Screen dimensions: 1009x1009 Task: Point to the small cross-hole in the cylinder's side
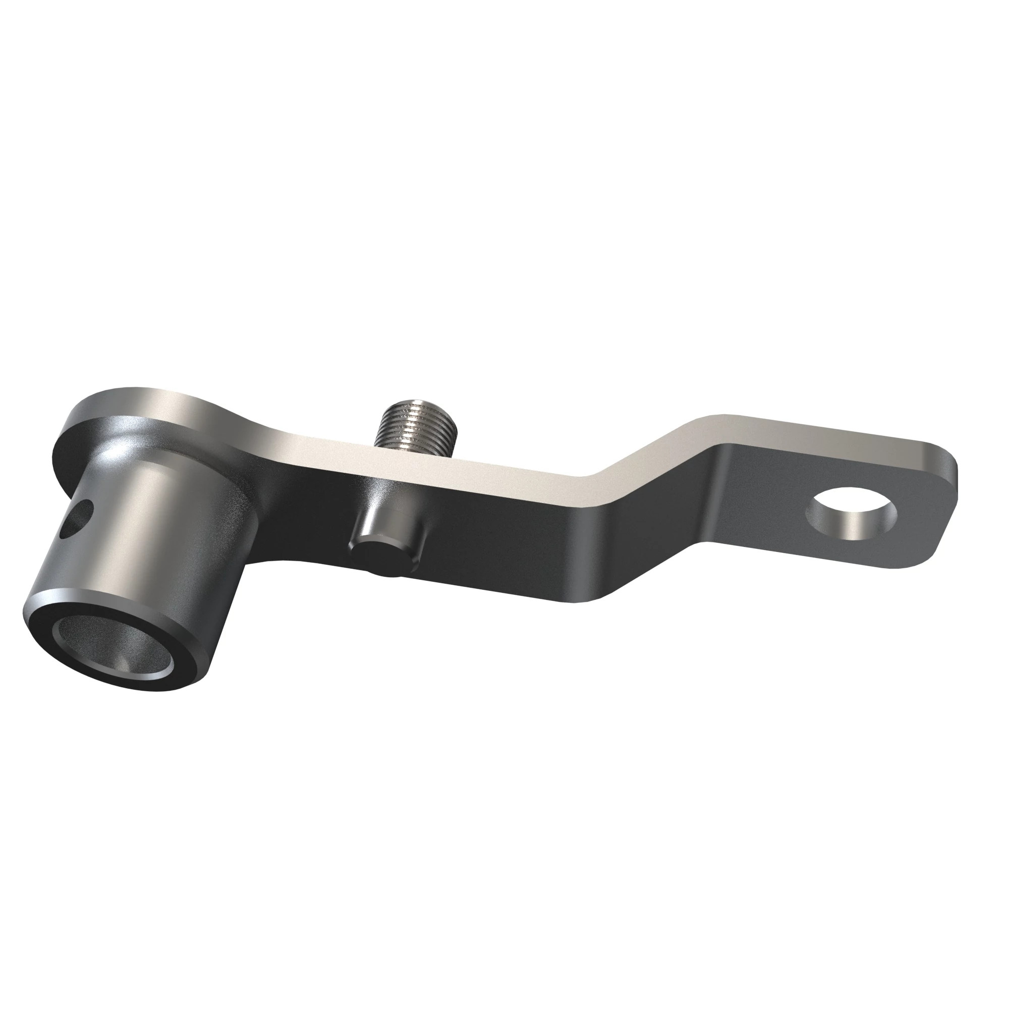tap(77, 518)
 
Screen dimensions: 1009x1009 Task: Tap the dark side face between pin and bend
tap(501, 538)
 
